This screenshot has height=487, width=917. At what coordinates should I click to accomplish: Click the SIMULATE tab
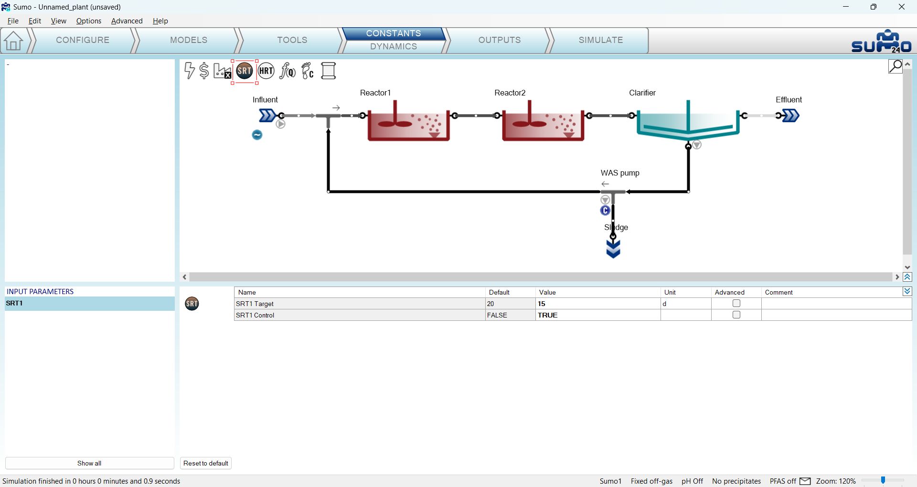tap(600, 40)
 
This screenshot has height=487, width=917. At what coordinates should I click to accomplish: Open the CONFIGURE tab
tap(83, 40)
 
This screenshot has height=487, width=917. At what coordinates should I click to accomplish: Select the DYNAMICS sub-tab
tap(394, 46)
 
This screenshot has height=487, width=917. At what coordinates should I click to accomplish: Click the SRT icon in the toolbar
tap(245, 71)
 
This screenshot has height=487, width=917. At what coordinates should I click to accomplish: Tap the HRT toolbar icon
tap(266, 71)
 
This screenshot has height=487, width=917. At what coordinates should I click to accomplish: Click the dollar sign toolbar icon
tap(204, 71)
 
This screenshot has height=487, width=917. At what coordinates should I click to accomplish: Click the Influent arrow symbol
tap(267, 116)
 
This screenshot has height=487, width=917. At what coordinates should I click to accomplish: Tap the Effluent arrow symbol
tap(790, 116)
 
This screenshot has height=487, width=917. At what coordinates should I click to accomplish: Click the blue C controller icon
tap(605, 211)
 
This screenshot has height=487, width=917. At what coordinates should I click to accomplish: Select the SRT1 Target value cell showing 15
tap(598, 304)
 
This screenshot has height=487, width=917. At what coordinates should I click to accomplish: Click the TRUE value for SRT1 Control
tap(548, 315)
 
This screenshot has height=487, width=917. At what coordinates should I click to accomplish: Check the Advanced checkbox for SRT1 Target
tap(736, 303)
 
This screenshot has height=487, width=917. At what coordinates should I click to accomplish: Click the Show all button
tap(89, 463)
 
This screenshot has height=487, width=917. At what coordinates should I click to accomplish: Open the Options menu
tap(89, 21)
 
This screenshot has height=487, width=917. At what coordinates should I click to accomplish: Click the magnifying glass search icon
tap(896, 66)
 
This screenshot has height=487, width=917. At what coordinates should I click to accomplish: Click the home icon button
tap(13, 41)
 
